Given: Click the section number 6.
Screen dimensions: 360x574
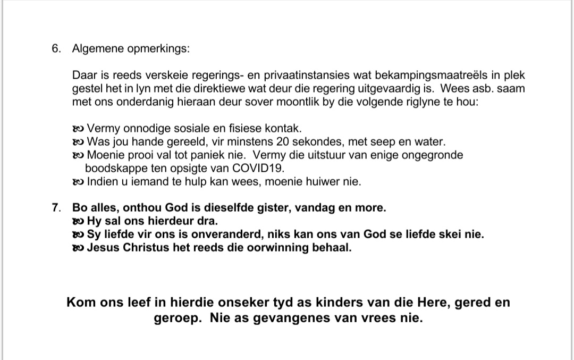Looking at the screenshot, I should click(x=56, y=48).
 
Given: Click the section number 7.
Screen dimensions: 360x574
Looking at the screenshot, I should click(x=56, y=207).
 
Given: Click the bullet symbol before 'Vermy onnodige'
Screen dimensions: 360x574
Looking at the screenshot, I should click(x=78, y=128).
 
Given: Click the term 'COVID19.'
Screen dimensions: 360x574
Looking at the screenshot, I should click(x=258, y=169).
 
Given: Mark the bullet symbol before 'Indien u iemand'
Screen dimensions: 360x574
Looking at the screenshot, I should click(x=78, y=182).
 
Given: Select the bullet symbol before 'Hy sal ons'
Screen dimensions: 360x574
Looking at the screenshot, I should click(x=78, y=221).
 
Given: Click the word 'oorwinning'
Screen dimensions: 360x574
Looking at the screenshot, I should click(x=282, y=248).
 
